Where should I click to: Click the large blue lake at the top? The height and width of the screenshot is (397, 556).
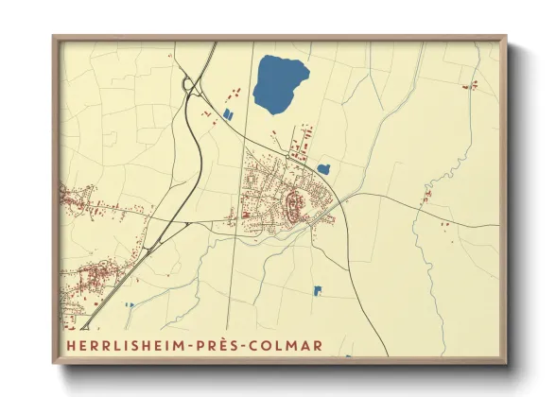281,83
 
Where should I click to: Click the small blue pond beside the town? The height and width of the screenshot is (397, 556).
323,169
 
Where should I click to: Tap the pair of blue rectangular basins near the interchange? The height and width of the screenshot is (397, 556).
227,115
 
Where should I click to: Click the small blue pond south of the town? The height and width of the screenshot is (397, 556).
318,290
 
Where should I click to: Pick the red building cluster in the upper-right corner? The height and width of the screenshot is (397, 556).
469,86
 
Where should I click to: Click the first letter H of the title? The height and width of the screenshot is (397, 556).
71,346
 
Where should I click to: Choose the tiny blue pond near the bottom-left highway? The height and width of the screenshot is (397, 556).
129,304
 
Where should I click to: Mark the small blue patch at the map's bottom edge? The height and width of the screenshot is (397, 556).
348,356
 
